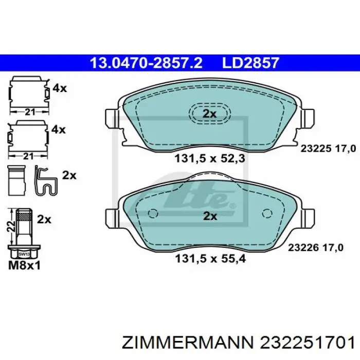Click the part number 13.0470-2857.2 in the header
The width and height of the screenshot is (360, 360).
coord(146,63)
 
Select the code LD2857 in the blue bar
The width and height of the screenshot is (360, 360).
coord(250,63)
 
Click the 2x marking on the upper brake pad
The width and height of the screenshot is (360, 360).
coord(209,114)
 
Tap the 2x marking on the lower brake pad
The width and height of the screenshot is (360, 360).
coord(209,216)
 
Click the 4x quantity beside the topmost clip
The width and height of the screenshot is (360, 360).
coord(59,88)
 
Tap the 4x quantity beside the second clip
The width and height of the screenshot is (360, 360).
coord(59,130)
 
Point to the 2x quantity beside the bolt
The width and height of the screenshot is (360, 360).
coord(45,219)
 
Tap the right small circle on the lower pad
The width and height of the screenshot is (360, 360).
coord(266,214)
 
